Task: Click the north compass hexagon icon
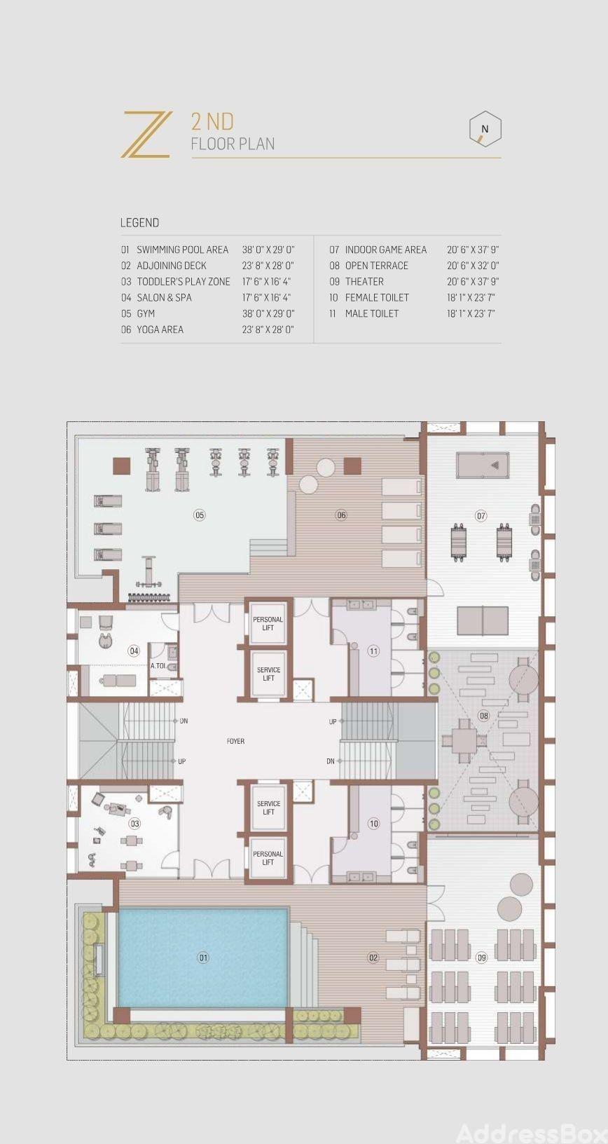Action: click(x=485, y=130)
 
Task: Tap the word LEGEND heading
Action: click(x=139, y=223)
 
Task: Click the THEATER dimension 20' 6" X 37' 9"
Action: click(x=473, y=281)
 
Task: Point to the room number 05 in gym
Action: click(x=200, y=515)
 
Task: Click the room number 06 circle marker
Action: click(x=342, y=515)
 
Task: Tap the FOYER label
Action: click(x=235, y=741)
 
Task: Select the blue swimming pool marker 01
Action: click(x=203, y=958)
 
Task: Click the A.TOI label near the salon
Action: click(x=158, y=666)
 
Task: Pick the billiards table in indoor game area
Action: click(x=483, y=465)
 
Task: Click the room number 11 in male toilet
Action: click(x=373, y=651)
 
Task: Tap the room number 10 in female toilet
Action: click(x=373, y=823)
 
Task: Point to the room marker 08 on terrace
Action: click(x=483, y=716)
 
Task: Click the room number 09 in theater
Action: click(x=481, y=958)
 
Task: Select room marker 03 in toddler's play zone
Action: click(x=134, y=823)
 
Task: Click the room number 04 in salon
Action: click(x=134, y=651)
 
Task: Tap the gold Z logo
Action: click(x=146, y=135)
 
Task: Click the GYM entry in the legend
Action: click(x=146, y=313)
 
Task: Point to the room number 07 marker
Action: click(x=481, y=516)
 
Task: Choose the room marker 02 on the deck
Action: click(x=373, y=958)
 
